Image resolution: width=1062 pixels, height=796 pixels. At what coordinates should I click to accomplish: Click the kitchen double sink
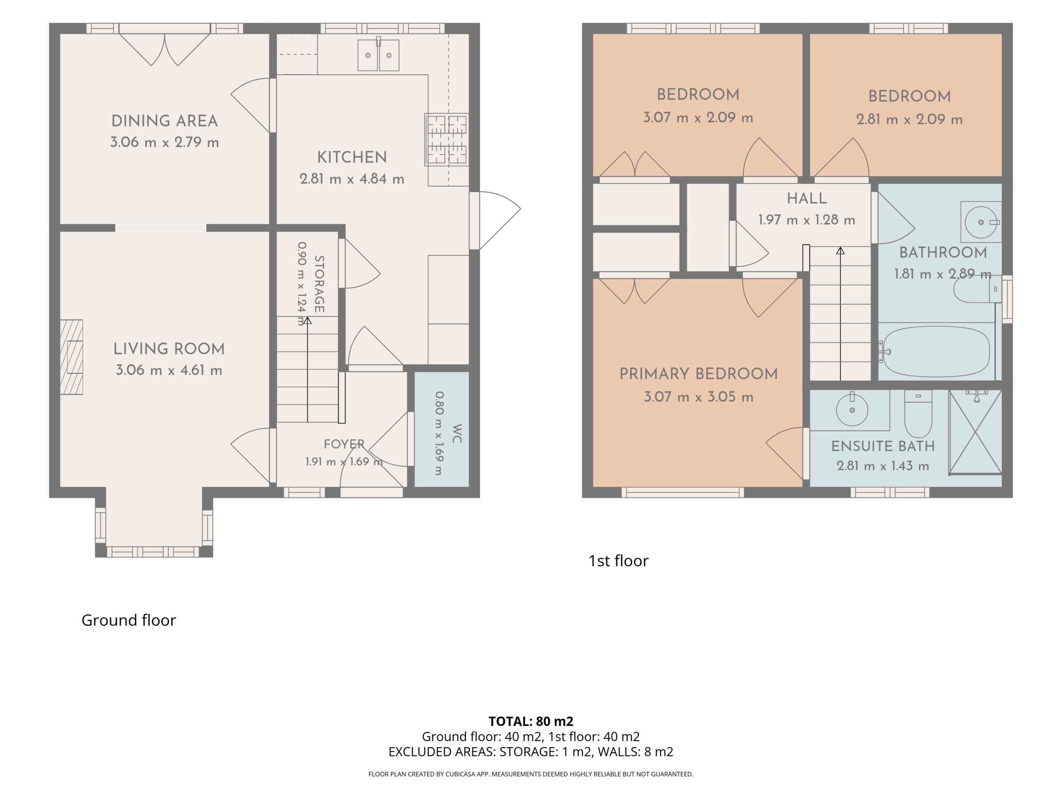tap(378, 55)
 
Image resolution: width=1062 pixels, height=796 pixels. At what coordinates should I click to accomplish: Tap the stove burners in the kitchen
tap(446, 140)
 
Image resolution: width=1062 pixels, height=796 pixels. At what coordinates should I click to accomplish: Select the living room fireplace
tap(71, 357)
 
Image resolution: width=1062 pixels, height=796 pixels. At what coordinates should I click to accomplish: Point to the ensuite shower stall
tap(976, 432)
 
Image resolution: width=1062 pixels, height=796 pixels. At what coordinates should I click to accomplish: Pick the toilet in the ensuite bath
tap(918, 413)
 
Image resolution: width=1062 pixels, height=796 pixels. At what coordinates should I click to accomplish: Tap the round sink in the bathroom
tap(982, 222)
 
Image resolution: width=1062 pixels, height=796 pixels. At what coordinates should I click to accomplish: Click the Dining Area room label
tap(165, 121)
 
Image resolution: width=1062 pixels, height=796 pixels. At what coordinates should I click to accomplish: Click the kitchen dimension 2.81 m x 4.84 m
tap(352, 179)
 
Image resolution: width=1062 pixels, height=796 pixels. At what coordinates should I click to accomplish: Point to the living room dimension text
tap(169, 370)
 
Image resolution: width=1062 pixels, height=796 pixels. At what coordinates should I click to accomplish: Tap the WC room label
tap(457, 433)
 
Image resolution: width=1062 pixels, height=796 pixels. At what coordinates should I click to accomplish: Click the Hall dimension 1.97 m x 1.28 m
tap(806, 220)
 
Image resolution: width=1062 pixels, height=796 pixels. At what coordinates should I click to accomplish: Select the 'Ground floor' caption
tap(129, 620)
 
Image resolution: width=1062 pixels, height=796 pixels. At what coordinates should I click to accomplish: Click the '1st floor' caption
tap(619, 561)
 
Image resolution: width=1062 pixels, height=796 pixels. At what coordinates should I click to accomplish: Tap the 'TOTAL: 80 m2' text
tap(531, 721)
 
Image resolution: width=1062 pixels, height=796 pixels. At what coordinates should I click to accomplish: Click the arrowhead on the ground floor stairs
tap(307, 320)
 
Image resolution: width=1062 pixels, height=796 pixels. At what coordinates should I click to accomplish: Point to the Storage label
tap(319, 284)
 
